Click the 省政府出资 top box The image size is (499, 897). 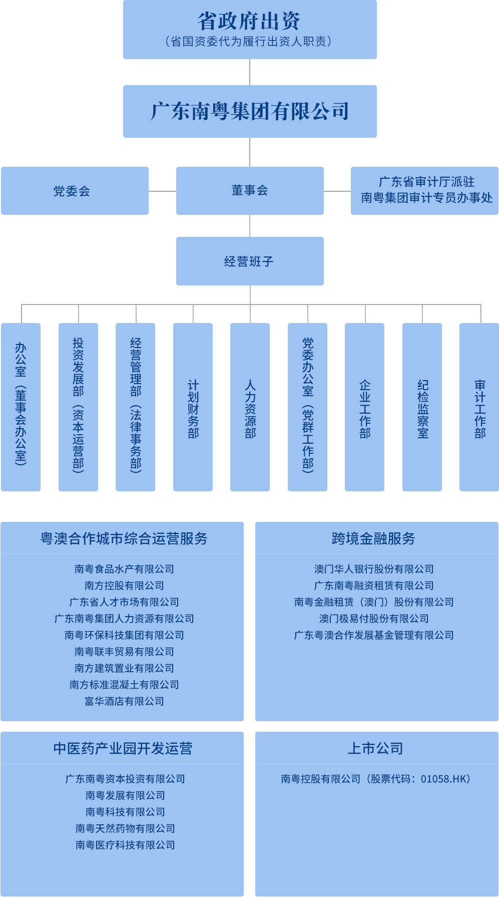(250, 29)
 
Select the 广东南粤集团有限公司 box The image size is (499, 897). (250, 111)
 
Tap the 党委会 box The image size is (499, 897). (75, 191)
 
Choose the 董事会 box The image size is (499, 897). (250, 191)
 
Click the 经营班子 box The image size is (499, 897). (250, 261)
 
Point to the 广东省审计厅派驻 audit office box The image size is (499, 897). (425, 191)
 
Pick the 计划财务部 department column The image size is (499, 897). (193, 407)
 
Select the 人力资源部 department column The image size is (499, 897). (250, 407)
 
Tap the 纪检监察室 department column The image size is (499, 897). (422, 407)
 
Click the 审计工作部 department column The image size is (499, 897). (479, 407)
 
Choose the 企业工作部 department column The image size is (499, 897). (364, 407)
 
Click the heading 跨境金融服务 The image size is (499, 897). (373, 538)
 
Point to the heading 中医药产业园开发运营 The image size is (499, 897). (123, 748)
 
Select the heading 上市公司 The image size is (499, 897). (375, 748)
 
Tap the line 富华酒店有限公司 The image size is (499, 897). (124, 701)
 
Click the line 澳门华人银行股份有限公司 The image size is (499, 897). (374, 569)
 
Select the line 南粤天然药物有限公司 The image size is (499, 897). (125, 828)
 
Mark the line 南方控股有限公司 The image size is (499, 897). (124, 585)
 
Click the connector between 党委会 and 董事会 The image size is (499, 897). (162, 191)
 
